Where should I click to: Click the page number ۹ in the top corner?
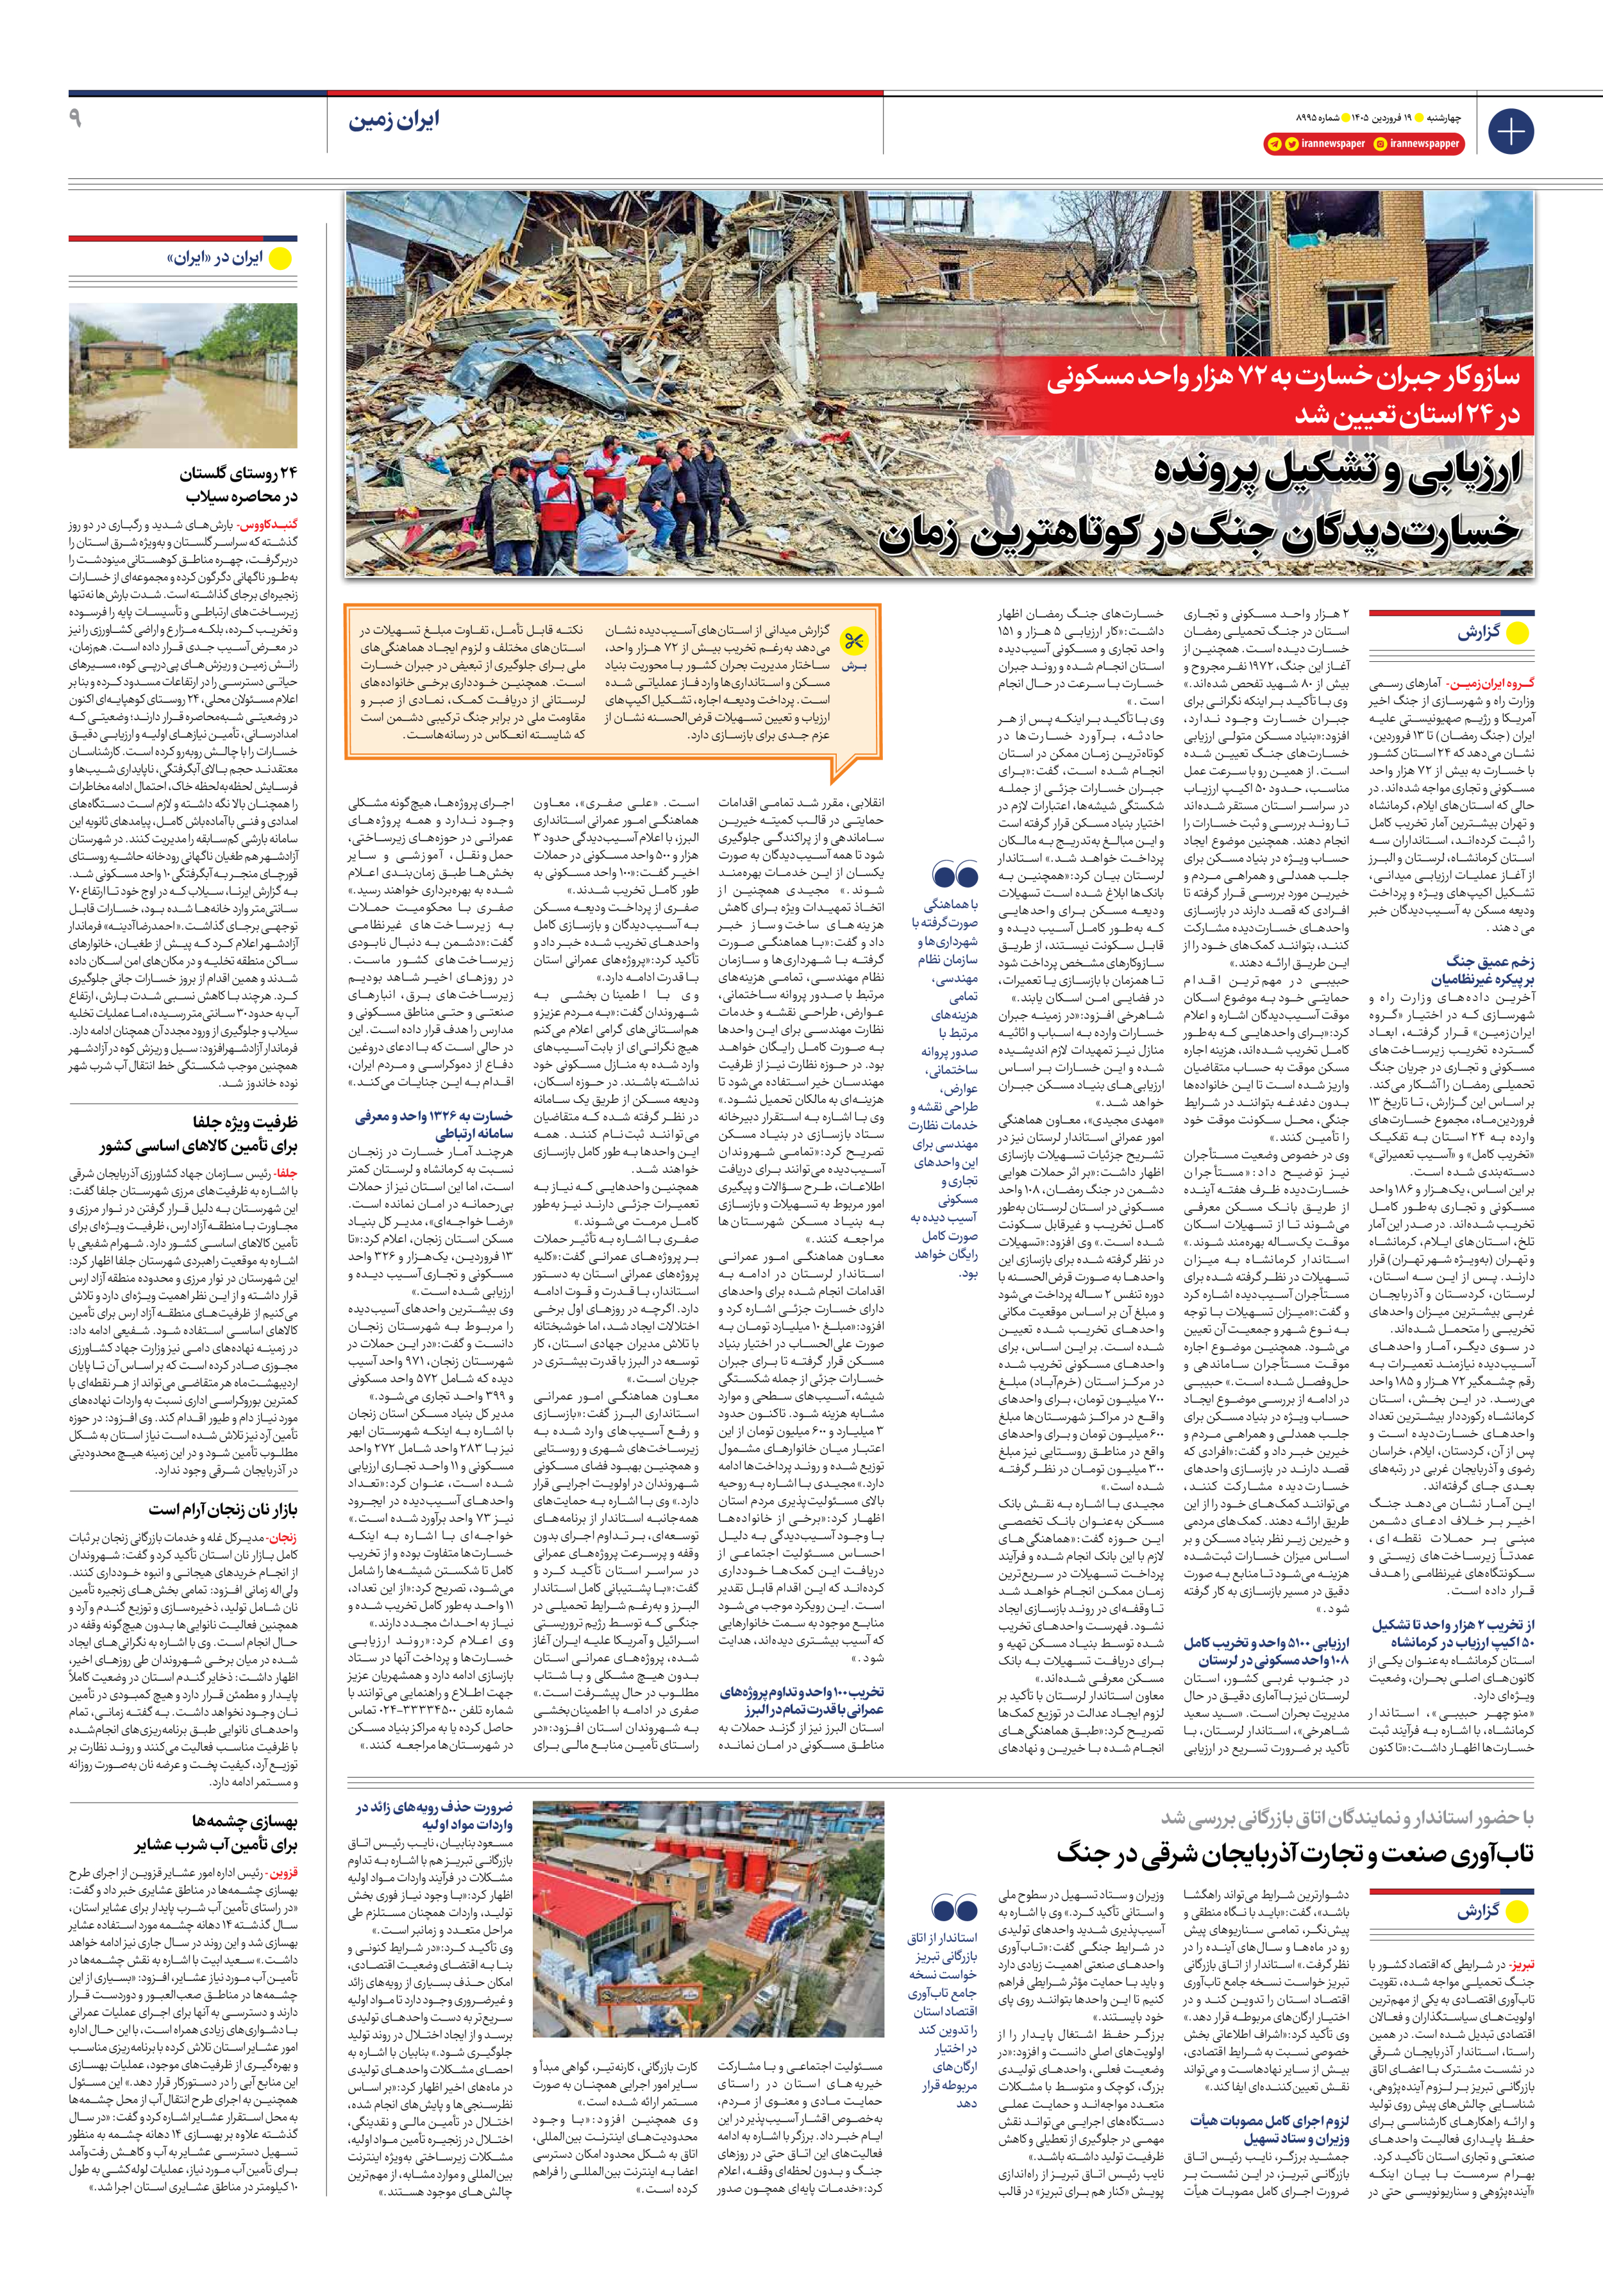(76, 118)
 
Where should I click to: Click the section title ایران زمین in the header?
(393, 121)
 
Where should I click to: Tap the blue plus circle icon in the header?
(1510, 131)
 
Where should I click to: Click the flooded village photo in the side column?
(183, 376)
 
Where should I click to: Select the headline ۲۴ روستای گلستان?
(239, 473)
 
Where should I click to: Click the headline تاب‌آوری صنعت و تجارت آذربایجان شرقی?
(1295, 1854)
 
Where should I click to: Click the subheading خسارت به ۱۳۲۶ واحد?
(434, 1117)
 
